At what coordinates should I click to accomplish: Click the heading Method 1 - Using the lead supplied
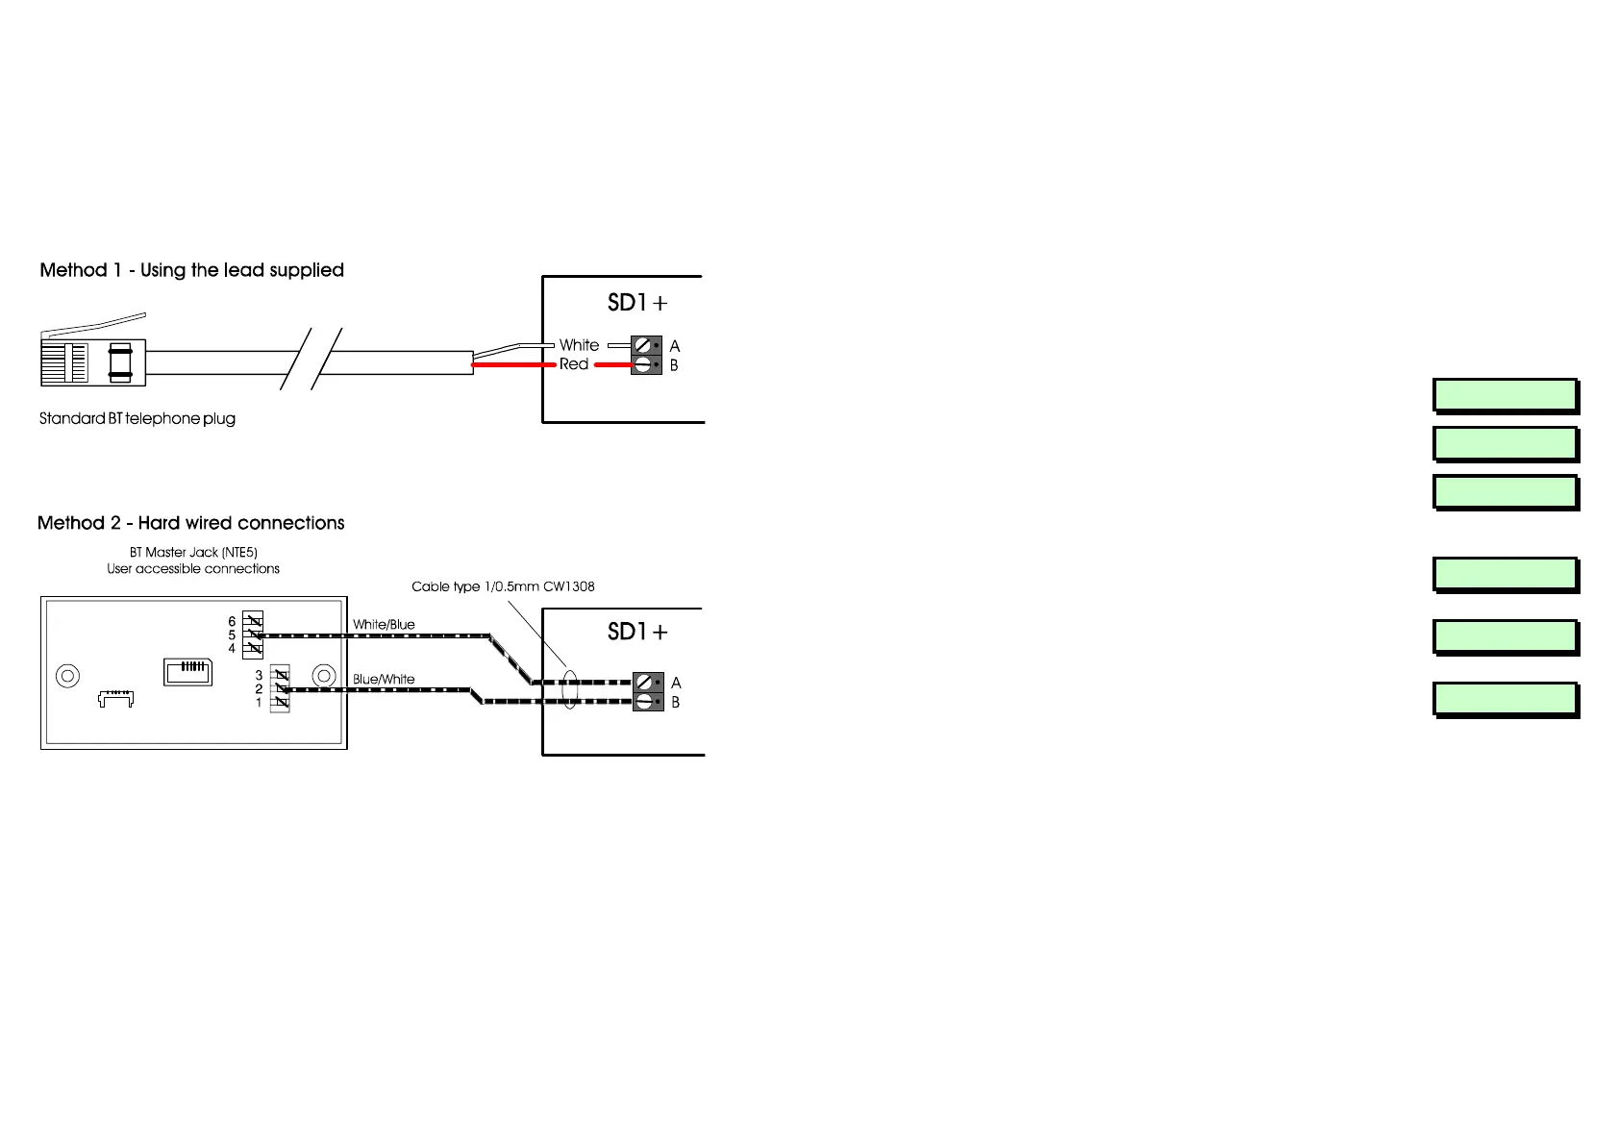(x=191, y=270)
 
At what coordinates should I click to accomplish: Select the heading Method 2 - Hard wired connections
(x=190, y=523)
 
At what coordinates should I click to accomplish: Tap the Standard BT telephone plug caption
(x=137, y=419)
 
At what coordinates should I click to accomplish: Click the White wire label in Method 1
(x=579, y=345)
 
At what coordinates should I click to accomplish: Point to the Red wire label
(x=574, y=364)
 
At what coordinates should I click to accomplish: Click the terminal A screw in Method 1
(x=642, y=345)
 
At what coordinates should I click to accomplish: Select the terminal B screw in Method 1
(x=642, y=364)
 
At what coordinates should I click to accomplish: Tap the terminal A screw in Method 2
(x=644, y=683)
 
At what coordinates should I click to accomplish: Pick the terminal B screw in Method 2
(x=644, y=702)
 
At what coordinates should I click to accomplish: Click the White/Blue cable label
(x=384, y=625)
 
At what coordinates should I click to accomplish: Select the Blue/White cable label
(x=384, y=680)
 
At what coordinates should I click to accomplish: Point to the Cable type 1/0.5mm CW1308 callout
(x=503, y=586)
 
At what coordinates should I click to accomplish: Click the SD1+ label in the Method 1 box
(x=636, y=303)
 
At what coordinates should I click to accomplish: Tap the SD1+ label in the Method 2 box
(x=636, y=633)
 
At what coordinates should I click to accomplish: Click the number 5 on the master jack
(x=232, y=635)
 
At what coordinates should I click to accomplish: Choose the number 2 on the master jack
(x=259, y=689)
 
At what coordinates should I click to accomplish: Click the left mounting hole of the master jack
(x=67, y=676)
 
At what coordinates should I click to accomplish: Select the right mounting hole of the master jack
(x=324, y=676)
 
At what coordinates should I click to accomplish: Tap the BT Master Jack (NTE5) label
(x=193, y=553)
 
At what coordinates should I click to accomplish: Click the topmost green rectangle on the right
(x=1505, y=395)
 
